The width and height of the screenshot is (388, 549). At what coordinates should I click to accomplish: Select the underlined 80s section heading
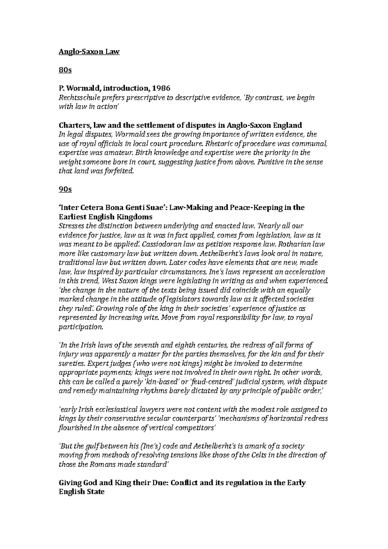(65, 70)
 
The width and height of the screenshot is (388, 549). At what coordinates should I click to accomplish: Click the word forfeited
(118, 171)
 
